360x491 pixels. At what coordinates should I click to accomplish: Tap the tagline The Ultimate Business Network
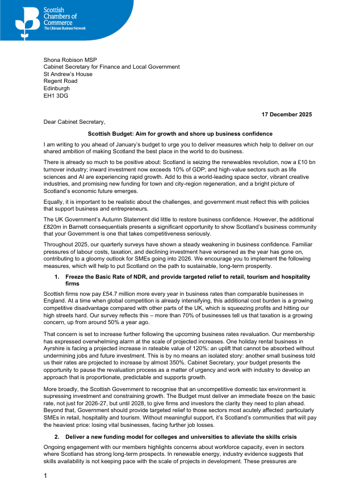click(64, 27)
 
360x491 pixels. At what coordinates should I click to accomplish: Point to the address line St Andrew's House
click(68, 74)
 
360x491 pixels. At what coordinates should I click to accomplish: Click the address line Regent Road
click(60, 81)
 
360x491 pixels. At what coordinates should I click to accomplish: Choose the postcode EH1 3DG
click(56, 96)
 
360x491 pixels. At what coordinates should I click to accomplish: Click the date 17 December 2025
click(286, 114)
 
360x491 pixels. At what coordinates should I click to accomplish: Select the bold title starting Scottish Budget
click(180, 134)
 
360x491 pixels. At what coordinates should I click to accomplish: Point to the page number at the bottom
click(45, 475)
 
